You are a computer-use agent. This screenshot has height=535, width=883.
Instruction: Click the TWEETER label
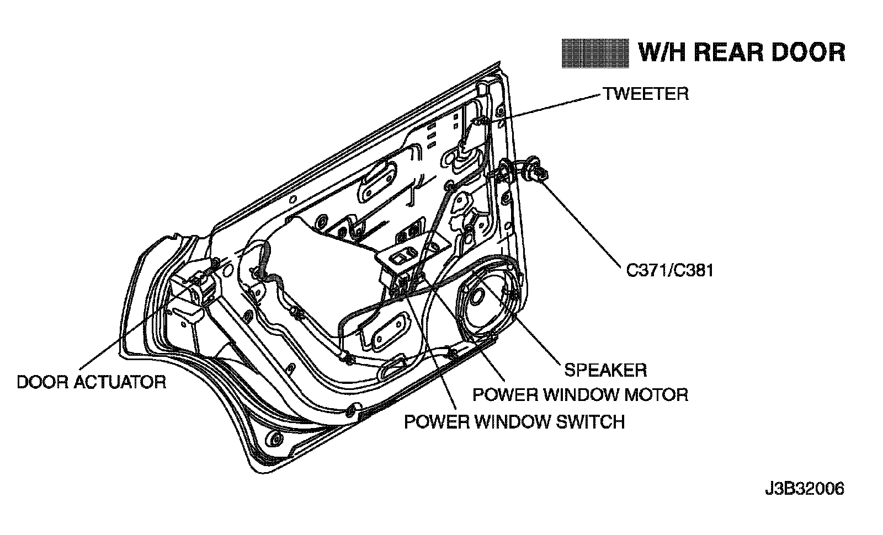click(x=645, y=94)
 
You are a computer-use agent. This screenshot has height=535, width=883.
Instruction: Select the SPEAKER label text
click(x=605, y=370)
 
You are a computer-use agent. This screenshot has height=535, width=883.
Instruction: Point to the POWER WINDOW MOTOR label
click(x=581, y=395)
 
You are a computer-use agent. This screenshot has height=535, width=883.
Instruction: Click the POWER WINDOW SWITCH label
click(x=514, y=422)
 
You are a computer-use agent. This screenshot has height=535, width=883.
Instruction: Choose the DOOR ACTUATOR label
click(x=92, y=382)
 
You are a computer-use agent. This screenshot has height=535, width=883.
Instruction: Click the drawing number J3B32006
click(x=804, y=489)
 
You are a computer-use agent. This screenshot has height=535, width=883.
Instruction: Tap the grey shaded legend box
click(x=595, y=53)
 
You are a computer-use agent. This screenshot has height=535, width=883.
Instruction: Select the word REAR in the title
click(x=724, y=52)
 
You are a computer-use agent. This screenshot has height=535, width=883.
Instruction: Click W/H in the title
click(x=660, y=52)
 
